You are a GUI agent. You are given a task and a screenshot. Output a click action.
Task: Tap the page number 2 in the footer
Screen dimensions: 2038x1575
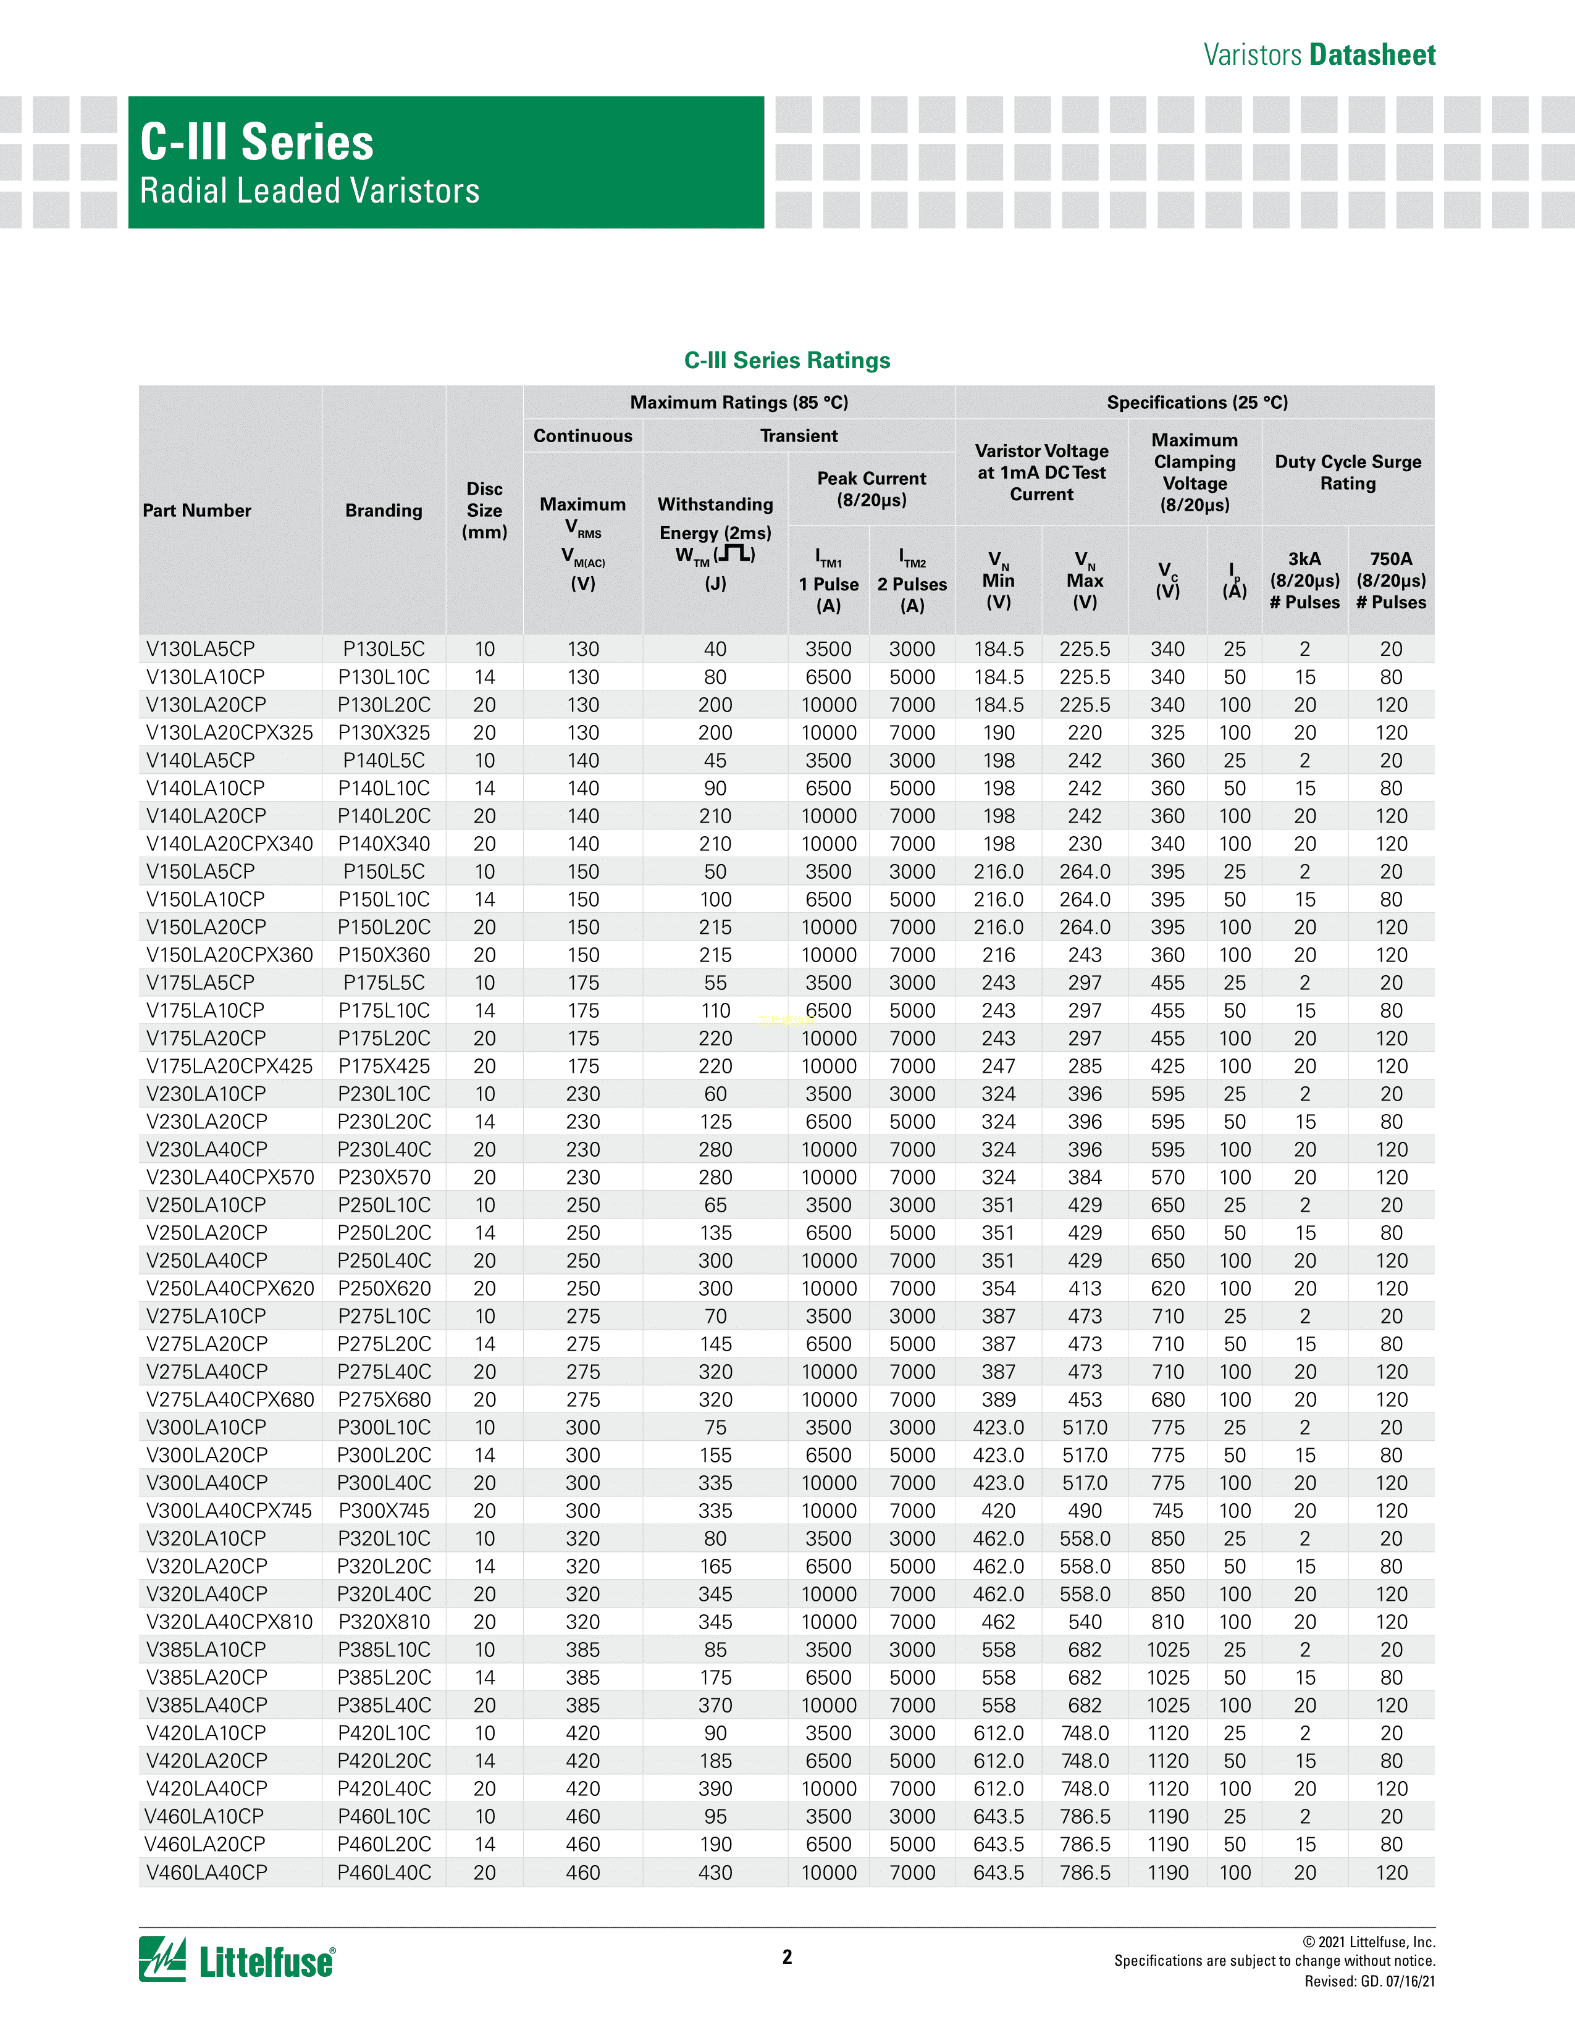(786, 1957)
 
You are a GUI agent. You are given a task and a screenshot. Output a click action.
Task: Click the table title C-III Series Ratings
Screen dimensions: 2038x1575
(786, 360)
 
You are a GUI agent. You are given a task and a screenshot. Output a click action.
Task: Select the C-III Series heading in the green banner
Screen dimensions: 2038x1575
(256, 143)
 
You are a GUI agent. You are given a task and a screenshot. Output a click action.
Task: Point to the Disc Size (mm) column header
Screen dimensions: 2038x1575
(484, 511)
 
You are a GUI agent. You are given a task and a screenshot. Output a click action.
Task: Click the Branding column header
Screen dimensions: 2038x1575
(384, 511)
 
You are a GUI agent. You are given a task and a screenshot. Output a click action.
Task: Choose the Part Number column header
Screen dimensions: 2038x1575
(197, 511)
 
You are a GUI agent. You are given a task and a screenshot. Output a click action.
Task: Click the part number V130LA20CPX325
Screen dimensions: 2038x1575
(230, 732)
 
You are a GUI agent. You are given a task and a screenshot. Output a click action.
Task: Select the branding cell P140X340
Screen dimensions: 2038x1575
(384, 844)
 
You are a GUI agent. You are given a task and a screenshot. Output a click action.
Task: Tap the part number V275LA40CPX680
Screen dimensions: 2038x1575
(230, 1399)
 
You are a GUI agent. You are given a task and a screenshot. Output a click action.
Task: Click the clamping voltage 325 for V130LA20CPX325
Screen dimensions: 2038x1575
(1167, 732)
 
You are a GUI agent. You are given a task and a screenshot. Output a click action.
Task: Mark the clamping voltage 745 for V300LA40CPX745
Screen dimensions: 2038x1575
(1167, 1511)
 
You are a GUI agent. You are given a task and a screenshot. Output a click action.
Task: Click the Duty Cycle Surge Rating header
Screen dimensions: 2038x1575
(1347, 472)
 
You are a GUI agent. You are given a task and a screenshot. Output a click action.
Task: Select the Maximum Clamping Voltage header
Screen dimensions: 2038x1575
(1195, 472)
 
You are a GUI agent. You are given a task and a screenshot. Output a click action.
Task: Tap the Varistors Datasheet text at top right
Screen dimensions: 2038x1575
(1319, 55)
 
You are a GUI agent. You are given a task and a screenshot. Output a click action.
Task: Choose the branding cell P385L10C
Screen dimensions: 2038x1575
(384, 1650)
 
